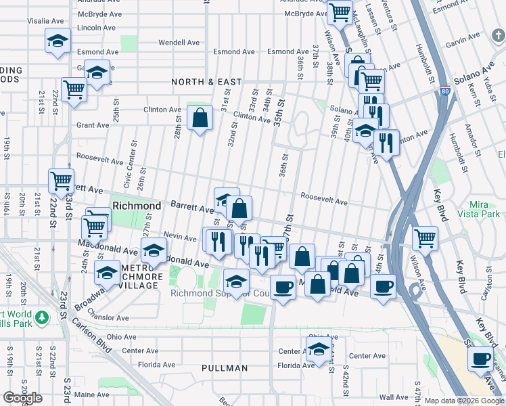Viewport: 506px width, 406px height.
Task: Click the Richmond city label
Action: [x=137, y=205]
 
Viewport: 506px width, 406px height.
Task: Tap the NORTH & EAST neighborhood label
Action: [x=206, y=82]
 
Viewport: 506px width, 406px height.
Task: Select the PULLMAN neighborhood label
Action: [x=224, y=368]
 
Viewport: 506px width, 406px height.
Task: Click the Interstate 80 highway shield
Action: [x=444, y=91]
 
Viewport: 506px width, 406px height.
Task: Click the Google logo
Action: [x=22, y=398]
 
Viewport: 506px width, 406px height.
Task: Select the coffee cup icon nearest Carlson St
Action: [x=481, y=359]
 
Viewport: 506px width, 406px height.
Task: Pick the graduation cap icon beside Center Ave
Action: [x=318, y=350]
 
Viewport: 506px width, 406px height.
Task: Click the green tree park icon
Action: [x=42, y=317]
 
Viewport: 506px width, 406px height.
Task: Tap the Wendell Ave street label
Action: [x=179, y=43]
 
